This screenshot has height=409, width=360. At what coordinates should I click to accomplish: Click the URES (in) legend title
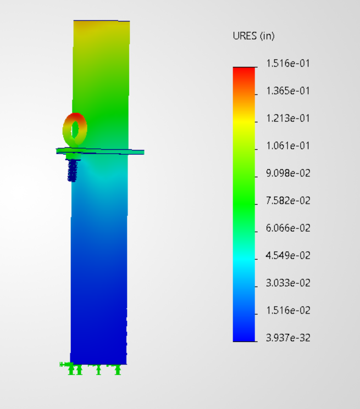tap(253, 36)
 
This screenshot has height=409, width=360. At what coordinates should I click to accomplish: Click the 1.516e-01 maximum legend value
tap(288, 64)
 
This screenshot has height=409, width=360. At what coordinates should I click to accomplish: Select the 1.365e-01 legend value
tap(288, 91)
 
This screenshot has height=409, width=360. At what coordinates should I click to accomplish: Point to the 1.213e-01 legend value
tap(288, 119)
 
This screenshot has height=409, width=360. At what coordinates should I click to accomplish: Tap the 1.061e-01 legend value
tap(288, 146)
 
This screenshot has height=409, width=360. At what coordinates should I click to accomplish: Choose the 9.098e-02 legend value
tap(288, 173)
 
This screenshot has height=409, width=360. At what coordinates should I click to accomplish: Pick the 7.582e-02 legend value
tap(288, 201)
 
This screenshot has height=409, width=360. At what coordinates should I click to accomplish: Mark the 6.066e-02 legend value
tap(288, 228)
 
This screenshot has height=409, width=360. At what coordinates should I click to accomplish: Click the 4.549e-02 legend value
tap(288, 256)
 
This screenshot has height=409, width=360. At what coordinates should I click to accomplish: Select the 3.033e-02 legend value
tap(288, 283)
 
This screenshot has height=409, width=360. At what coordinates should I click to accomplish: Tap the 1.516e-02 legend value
tap(288, 311)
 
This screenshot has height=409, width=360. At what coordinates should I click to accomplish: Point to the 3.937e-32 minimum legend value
tap(288, 338)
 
